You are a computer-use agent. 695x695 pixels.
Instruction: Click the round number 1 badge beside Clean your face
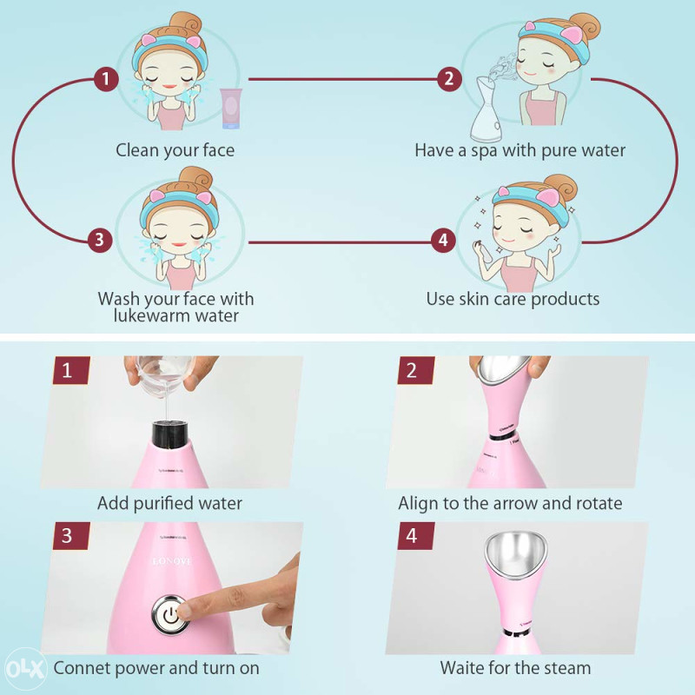tap(105, 80)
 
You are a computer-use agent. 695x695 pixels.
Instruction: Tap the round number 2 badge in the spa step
tap(448, 80)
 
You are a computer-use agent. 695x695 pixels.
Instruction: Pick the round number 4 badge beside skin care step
tap(443, 240)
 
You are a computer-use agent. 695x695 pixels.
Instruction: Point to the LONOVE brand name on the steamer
tap(175, 561)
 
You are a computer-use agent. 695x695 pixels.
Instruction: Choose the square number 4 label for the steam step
tap(412, 536)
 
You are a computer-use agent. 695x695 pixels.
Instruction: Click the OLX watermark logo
tap(23, 670)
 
